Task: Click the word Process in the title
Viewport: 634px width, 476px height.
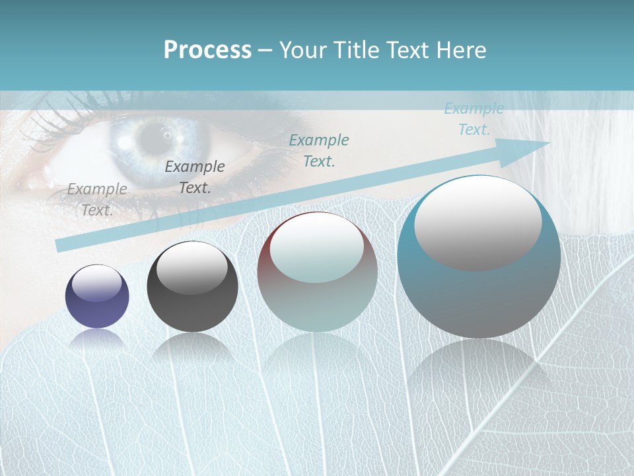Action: point(207,50)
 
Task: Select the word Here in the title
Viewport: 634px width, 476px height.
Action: point(462,50)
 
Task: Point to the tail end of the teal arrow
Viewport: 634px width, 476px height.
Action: point(61,245)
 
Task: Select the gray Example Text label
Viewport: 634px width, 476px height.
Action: point(97,199)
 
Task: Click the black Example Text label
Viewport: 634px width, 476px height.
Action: point(195,177)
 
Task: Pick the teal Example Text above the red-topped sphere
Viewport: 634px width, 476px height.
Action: point(319,150)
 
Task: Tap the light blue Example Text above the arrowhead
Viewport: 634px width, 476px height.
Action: point(474,119)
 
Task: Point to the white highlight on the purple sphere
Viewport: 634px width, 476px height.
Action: point(97,284)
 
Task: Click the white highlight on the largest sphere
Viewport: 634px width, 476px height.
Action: point(478,223)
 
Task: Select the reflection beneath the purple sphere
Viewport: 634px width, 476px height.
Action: point(97,341)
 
